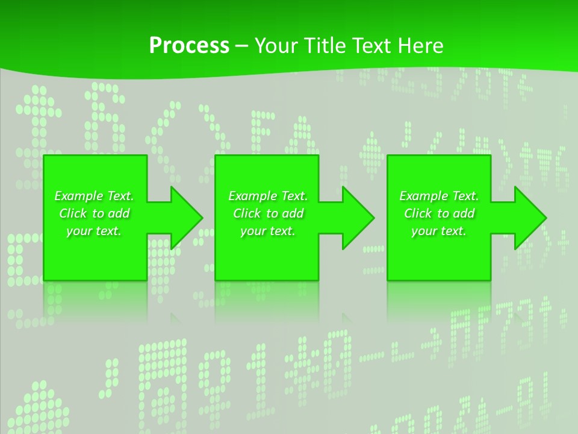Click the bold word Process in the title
189,46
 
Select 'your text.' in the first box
94,231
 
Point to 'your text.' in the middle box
267,231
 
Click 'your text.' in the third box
439,231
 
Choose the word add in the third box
464,213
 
